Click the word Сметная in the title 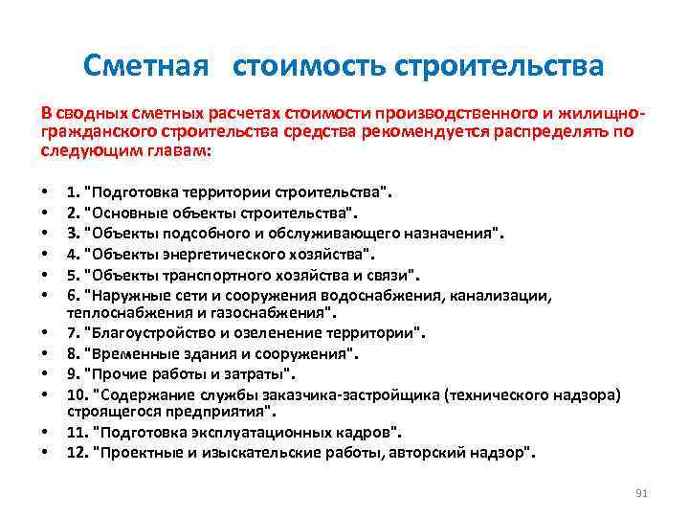click(x=144, y=66)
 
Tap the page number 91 click(x=642, y=492)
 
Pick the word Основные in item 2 click(x=131, y=212)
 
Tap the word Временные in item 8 click(x=136, y=353)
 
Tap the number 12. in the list click(x=78, y=452)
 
